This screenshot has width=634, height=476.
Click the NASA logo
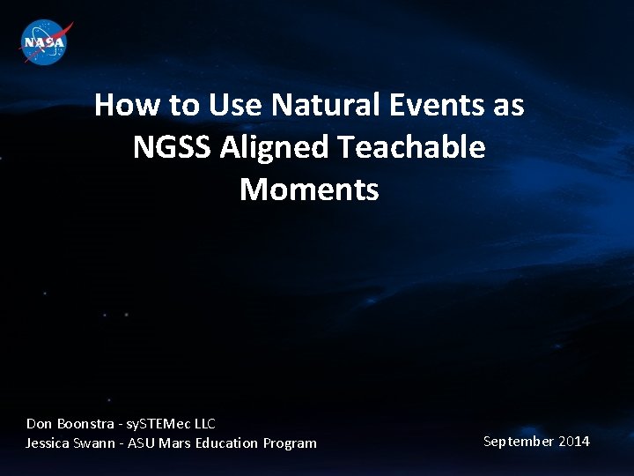(45, 41)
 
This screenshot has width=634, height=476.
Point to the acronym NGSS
(173, 147)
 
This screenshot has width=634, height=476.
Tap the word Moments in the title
(309, 189)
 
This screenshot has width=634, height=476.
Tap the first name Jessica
(49, 443)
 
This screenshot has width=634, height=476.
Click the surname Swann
(98, 443)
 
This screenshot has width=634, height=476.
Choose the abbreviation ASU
(142, 443)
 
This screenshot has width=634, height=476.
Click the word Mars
(174, 443)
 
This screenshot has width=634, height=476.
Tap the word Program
(290, 443)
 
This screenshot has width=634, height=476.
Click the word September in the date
(518, 441)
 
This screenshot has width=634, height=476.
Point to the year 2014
(573, 441)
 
